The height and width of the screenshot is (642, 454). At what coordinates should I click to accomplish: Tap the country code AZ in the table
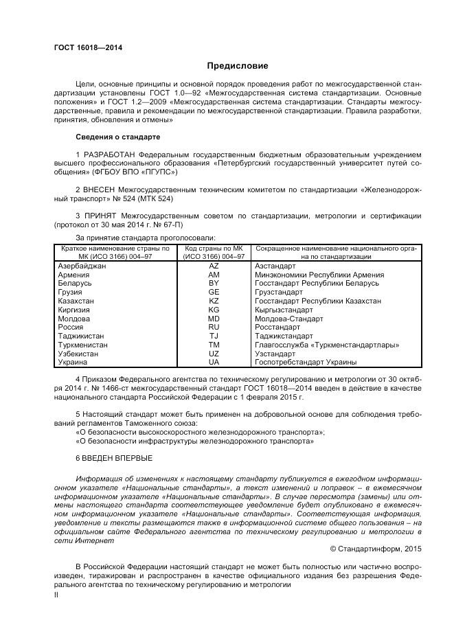214,266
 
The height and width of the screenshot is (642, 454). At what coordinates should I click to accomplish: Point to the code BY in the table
214,283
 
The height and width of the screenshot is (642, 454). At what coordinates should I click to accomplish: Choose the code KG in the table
214,310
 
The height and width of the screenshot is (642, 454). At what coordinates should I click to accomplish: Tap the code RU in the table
214,328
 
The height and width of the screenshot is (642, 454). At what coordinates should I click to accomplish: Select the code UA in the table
214,362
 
